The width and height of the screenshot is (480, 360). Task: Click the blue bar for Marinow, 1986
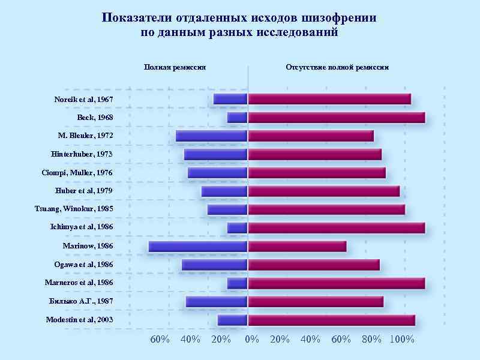[x=198, y=246]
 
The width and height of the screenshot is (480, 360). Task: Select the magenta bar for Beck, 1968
[x=337, y=118]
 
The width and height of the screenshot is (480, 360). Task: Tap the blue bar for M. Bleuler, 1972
[x=212, y=136]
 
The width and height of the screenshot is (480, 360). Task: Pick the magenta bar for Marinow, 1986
[x=298, y=246]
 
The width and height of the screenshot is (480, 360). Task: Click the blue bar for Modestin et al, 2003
[x=233, y=320]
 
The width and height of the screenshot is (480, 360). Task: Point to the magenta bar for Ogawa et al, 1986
[x=314, y=265]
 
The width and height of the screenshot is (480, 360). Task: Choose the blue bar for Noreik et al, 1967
[x=230, y=99]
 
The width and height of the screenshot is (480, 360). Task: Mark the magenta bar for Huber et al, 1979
[x=324, y=191]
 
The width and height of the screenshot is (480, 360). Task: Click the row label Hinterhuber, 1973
[x=82, y=154]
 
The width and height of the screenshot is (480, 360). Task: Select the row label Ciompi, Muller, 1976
[x=77, y=173]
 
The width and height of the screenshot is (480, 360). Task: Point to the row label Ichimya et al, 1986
[x=82, y=227]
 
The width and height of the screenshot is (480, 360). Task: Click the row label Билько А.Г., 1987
[x=81, y=301]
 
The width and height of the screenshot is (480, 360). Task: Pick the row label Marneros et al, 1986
[x=79, y=283]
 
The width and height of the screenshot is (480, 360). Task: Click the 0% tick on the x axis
[x=253, y=340]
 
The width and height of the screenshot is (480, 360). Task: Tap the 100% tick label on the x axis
[x=402, y=340]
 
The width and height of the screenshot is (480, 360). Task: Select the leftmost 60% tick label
[x=160, y=340]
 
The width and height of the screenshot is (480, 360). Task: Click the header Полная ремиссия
[x=175, y=67]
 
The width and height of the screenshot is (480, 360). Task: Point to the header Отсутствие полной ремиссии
[x=337, y=67]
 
